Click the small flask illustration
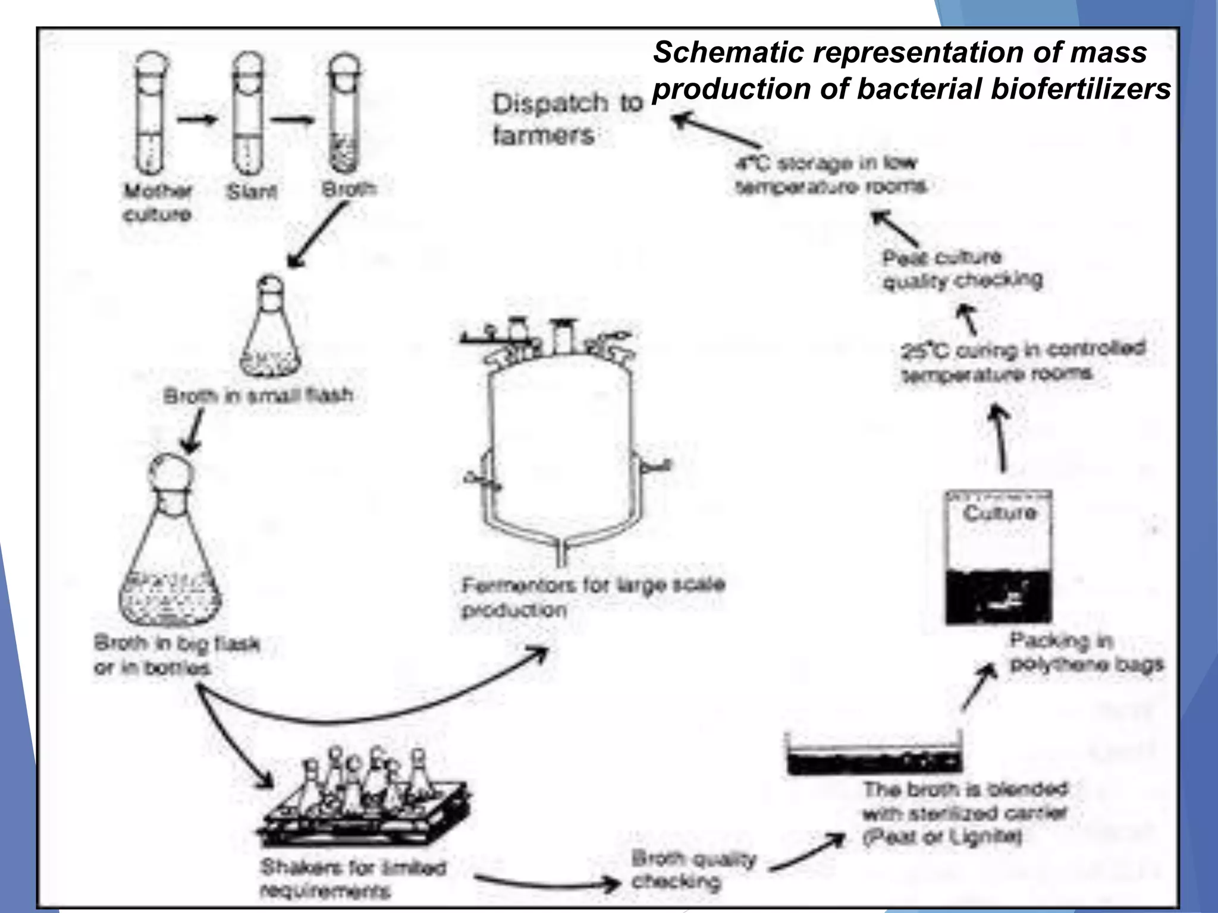click(x=271, y=333)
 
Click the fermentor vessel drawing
click(x=561, y=446)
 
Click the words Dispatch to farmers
click(x=566, y=119)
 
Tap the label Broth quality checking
click(x=693, y=870)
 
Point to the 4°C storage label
click(x=830, y=174)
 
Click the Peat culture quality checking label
click(x=962, y=269)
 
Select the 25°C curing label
click(x=1023, y=361)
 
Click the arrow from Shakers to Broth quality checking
click(x=547, y=883)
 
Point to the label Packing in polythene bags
click(x=1085, y=652)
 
